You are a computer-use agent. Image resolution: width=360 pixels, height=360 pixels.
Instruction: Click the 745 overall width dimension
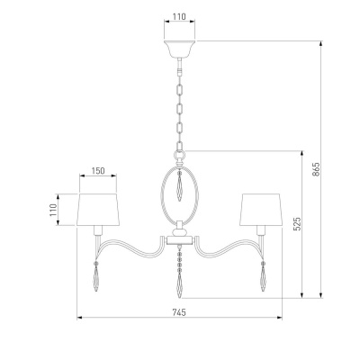click(179, 311)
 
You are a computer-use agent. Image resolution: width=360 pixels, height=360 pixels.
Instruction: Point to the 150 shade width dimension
click(97, 169)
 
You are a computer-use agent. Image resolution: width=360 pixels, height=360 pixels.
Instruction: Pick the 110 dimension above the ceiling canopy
click(179, 17)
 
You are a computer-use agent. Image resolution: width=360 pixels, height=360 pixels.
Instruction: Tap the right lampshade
click(263, 209)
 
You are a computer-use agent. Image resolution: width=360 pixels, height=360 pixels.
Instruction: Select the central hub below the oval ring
click(180, 236)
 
